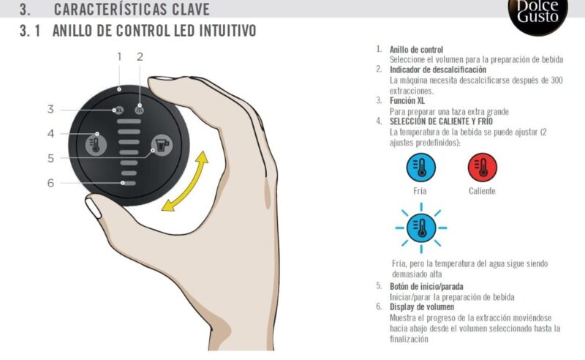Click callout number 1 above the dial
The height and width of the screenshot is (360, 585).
coord(119,56)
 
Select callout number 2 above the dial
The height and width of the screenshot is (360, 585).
coord(140,56)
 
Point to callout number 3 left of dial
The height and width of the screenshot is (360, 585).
coord(50,109)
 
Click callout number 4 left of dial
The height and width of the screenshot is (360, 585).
coord(50,133)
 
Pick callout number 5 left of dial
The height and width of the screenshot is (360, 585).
coord(50,157)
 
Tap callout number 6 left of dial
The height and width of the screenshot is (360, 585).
coord(50,182)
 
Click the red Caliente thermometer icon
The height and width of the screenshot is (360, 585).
coord(482,168)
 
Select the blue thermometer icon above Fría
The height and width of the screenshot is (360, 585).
coord(420,168)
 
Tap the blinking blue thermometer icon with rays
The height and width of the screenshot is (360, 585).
coord(420,228)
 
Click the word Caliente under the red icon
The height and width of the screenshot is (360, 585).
coord(482,191)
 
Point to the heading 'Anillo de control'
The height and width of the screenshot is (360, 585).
coord(416,50)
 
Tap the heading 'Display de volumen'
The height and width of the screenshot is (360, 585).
coord(422,307)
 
